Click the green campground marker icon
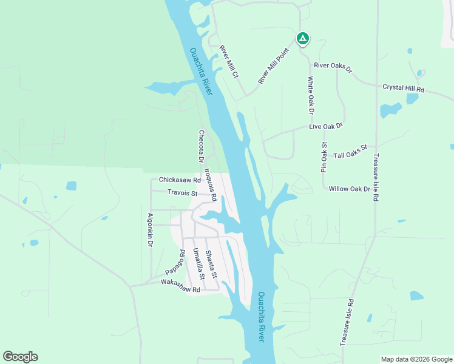[302, 39]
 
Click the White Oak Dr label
[310, 95]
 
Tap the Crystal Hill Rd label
[403, 88]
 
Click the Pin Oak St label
[324, 158]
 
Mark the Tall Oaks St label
[351, 152]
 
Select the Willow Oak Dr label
[349, 189]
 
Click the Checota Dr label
[201, 146]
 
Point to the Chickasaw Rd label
[180, 180]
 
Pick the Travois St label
[183, 194]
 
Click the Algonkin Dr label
[149, 229]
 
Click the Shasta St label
[210, 264]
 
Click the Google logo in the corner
[20, 357]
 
